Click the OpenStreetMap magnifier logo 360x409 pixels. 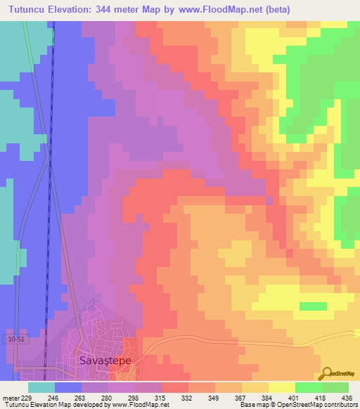pos(328,372)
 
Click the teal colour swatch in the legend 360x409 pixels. pos(41,387)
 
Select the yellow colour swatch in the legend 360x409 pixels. pos(281,387)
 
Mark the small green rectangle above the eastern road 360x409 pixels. pos(313,306)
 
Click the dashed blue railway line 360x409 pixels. pos(51,211)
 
